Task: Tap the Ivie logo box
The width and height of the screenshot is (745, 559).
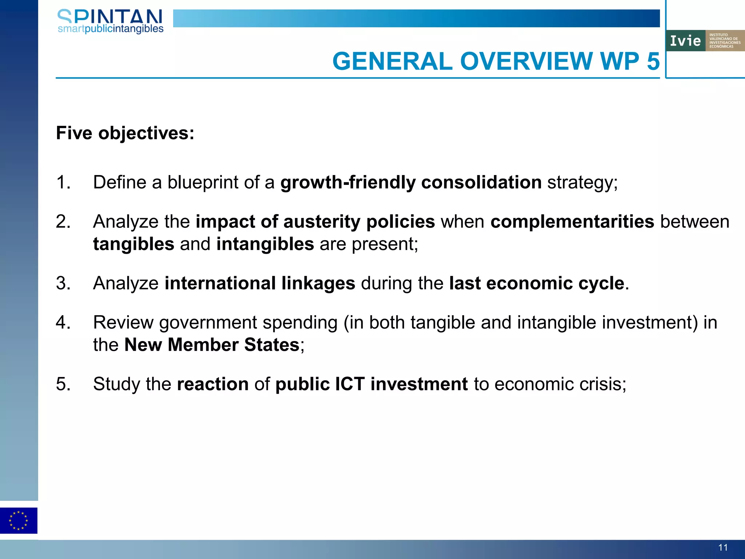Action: point(705,40)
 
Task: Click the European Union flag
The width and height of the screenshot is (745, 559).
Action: point(19,520)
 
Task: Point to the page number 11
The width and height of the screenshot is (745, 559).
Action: point(723,547)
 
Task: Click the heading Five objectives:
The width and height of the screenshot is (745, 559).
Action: point(125,133)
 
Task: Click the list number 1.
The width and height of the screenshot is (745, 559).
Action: point(63,182)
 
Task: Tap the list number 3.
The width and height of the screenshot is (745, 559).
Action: point(63,283)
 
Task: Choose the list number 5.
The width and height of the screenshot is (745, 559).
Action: point(63,384)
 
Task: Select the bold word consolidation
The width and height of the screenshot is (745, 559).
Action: point(481,182)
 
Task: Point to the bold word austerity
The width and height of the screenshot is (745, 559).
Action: point(322,222)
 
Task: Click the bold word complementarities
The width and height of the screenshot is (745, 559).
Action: point(572,222)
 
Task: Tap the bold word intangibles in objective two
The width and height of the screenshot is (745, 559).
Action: point(265,244)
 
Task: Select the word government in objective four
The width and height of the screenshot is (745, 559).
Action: point(208,323)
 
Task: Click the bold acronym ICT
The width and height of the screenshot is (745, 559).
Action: point(350,384)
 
